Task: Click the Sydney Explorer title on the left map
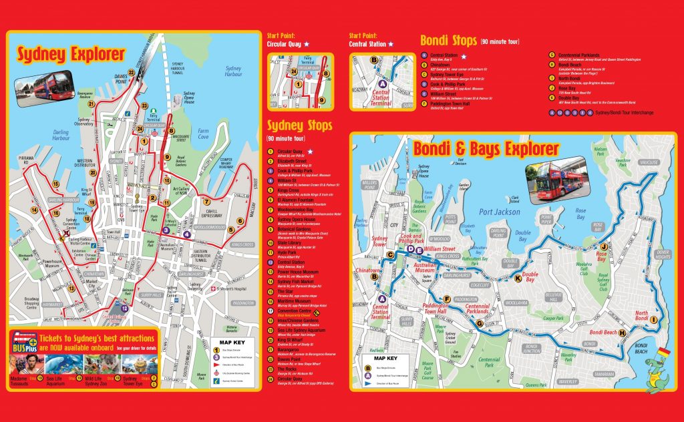click(71, 54)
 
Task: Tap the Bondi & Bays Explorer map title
click(486, 148)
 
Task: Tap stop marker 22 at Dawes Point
click(132, 72)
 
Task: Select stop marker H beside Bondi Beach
click(622, 333)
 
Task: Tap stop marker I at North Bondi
click(654, 320)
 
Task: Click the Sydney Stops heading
click(300, 126)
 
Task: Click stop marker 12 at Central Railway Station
click(125, 308)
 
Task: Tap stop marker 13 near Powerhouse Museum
click(71, 288)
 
